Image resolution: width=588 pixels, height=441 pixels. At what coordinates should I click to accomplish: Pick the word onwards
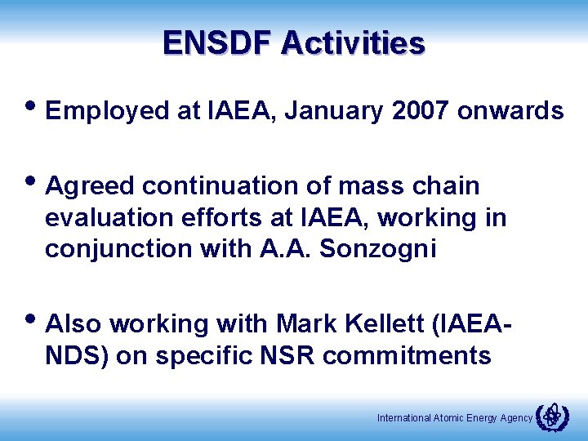coord(510,111)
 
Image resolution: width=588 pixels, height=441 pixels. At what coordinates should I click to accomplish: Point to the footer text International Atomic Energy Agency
coord(454,418)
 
